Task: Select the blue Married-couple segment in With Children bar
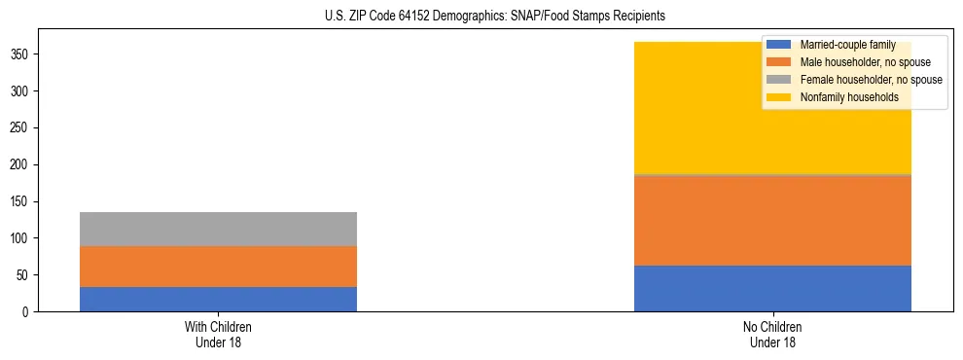(218, 299)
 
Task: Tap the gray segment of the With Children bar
(218, 229)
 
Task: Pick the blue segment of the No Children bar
(772, 288)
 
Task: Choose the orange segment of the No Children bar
(772, 221)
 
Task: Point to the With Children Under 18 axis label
(218, 334)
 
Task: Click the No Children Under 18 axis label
(772, 334)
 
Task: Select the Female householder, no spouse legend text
(871, 80)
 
